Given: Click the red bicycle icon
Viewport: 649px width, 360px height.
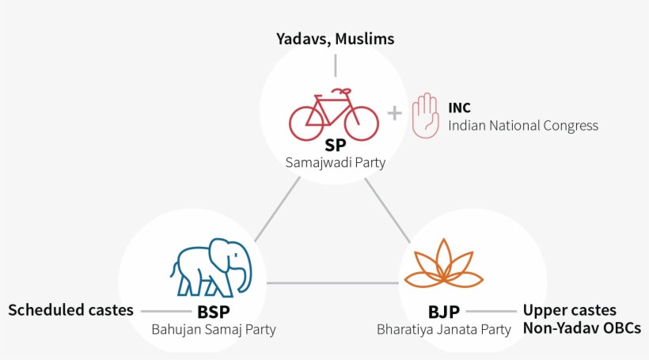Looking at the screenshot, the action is pos(334,115).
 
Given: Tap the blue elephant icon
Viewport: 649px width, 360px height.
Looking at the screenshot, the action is pos(211,267).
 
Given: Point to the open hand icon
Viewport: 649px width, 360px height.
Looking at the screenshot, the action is pos(426,116).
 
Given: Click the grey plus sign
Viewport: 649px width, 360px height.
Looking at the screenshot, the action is pos(394,113).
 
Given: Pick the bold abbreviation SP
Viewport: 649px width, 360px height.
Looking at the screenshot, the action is pos(336,146).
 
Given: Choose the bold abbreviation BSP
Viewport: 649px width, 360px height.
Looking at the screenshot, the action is pos(214,312).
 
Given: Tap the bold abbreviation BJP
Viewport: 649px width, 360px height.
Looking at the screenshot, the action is pos(444,312).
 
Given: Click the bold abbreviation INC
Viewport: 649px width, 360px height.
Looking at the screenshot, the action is pos(459,108).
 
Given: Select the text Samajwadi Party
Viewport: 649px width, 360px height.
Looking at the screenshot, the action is pos(336,163).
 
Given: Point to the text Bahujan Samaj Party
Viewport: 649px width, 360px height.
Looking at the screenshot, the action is pos(214,330).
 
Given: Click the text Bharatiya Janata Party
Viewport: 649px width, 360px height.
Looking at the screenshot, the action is pos(444,330).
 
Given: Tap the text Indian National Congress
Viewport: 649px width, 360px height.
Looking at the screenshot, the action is pos(523,126).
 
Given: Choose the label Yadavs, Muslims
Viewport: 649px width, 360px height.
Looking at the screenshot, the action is pos(336,39).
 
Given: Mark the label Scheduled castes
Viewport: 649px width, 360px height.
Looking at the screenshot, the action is pos(70,310).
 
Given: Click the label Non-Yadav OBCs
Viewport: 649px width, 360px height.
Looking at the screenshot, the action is pos(582,328).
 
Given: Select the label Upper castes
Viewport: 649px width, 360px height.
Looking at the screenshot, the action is pos(570,310).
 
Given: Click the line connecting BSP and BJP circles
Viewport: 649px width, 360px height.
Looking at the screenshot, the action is pos(332,283).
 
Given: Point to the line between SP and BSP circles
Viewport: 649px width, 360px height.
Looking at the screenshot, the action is pos(277,210).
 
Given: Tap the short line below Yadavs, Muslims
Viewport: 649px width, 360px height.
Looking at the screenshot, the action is pos(336,66).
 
